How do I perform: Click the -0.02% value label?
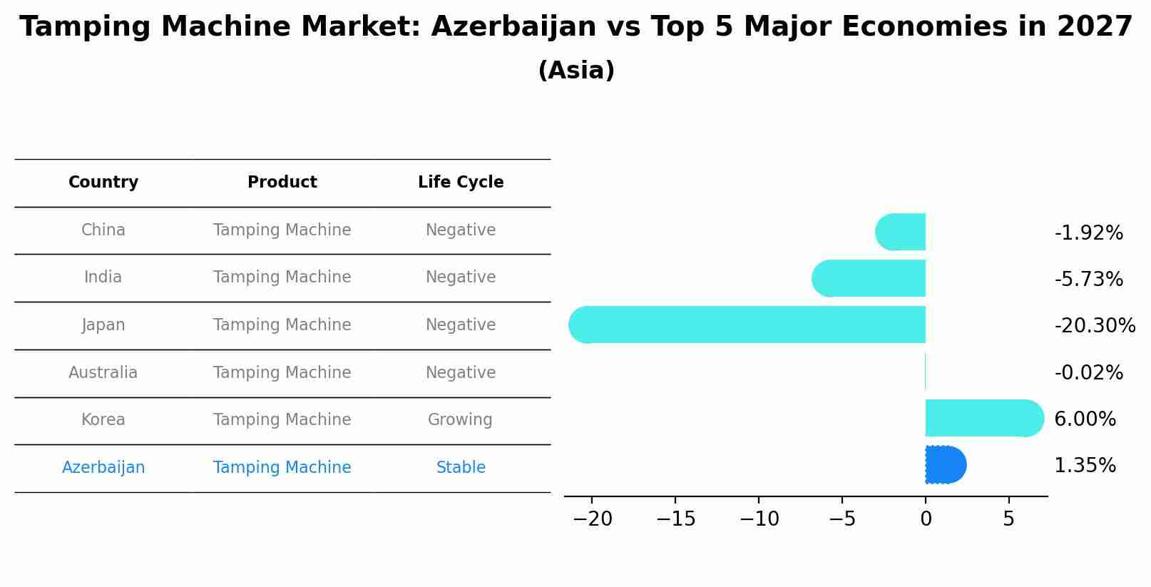tap(1088, 372)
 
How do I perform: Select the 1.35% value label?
tap(1085, 466)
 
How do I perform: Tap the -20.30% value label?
tap(1094, 326)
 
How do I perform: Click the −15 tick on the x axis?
tap(675, 519)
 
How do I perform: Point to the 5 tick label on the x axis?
tap(1008, 519)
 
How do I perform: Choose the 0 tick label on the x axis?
tap(926, 519)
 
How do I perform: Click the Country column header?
tap(103, 183)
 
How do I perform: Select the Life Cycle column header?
tap(461, 183)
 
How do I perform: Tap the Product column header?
tap(282, 183)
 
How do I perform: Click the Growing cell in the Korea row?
tap(460, 419)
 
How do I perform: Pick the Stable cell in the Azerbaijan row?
tap(461, 467)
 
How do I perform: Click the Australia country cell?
tap(103, 372)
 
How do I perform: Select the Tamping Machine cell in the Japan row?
tap(282, 325)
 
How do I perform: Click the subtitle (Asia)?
tap(576, 71)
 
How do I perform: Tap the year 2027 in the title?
tap(1095, 27)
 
